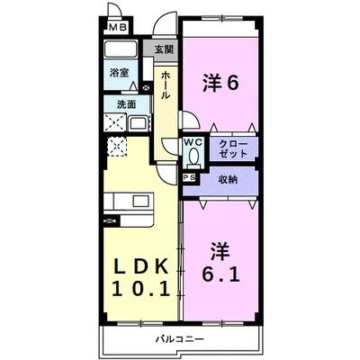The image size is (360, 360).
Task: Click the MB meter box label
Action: (x=118, y=28)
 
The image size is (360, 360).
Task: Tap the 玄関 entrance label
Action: (x=164, y=49)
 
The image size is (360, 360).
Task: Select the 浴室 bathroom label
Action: (x=119, y=73)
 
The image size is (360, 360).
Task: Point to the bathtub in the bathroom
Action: (x=121, y=49)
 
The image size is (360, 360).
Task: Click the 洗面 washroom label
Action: (x=126, y=104)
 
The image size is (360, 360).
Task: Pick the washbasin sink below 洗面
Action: (x=139, y=123)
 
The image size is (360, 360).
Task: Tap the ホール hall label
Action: (x=166, y=85)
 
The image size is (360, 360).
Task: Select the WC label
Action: (x=193, y=142)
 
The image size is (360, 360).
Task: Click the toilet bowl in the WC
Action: (x=193, y=156)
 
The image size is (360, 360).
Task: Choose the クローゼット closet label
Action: (x=233, y=148)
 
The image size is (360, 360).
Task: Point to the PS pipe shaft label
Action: (x=189, y=178)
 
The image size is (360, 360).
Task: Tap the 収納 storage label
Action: (x=228, y=180)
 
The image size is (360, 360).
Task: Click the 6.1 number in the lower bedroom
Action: (x=220, y=274)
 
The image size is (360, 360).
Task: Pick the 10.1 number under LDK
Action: (x=141, y=288)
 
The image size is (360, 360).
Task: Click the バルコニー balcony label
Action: (x=180, y=339)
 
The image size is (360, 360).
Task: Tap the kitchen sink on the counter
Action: (x=141, y=200)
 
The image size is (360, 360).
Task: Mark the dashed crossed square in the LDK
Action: (x=117, y=146)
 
